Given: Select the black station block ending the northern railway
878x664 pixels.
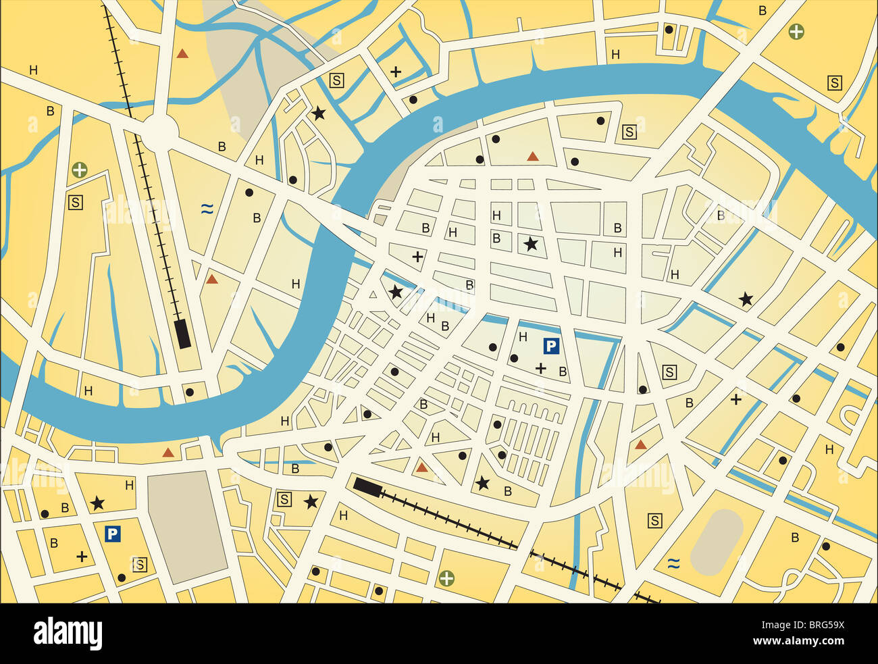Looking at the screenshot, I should pos(182,334).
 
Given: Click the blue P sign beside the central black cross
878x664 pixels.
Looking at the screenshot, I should pos(551,347).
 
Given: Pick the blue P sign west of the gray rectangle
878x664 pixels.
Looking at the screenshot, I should pos(112,534).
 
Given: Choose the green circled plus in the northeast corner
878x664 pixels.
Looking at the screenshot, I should pos(797,30).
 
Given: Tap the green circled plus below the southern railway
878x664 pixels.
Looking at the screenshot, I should pos(446,578).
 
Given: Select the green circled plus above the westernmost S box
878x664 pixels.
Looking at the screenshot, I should pos(80,170).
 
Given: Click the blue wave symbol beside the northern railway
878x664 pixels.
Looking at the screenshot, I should pos(207,209).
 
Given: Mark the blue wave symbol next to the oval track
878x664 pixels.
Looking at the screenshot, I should pos(673,563).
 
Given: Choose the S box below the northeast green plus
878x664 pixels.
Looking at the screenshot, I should pos(835,83).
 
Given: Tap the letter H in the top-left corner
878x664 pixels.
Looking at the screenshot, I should pos(33,70).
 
